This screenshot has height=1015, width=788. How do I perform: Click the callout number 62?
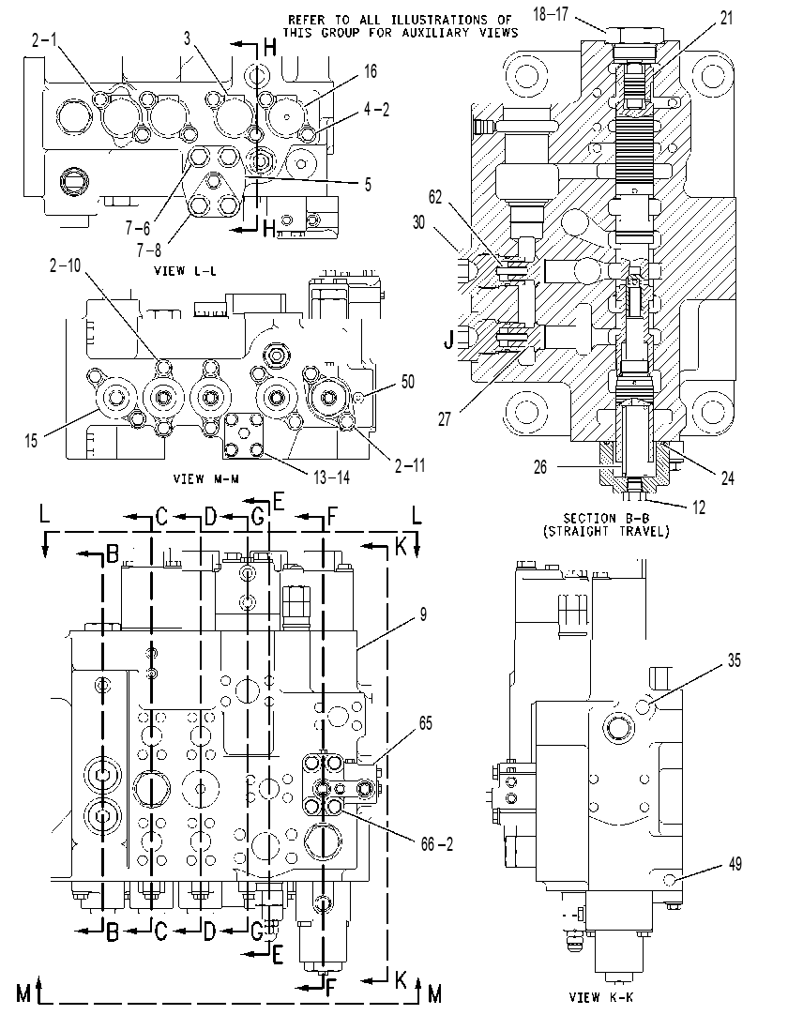[x=435, y=197]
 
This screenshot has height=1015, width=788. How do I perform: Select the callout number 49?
[x=735, y=864]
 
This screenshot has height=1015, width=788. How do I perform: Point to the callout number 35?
[x=734, y=660]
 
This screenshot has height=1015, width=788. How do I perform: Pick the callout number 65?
[x=425, y=723]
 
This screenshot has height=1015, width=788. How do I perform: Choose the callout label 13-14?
[x=331, y=477]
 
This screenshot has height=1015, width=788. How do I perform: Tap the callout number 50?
[x=407, y=382]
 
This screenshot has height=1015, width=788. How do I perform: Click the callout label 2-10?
[x=66, y=265]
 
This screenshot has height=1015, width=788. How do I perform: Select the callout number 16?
[x=370, y=70]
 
